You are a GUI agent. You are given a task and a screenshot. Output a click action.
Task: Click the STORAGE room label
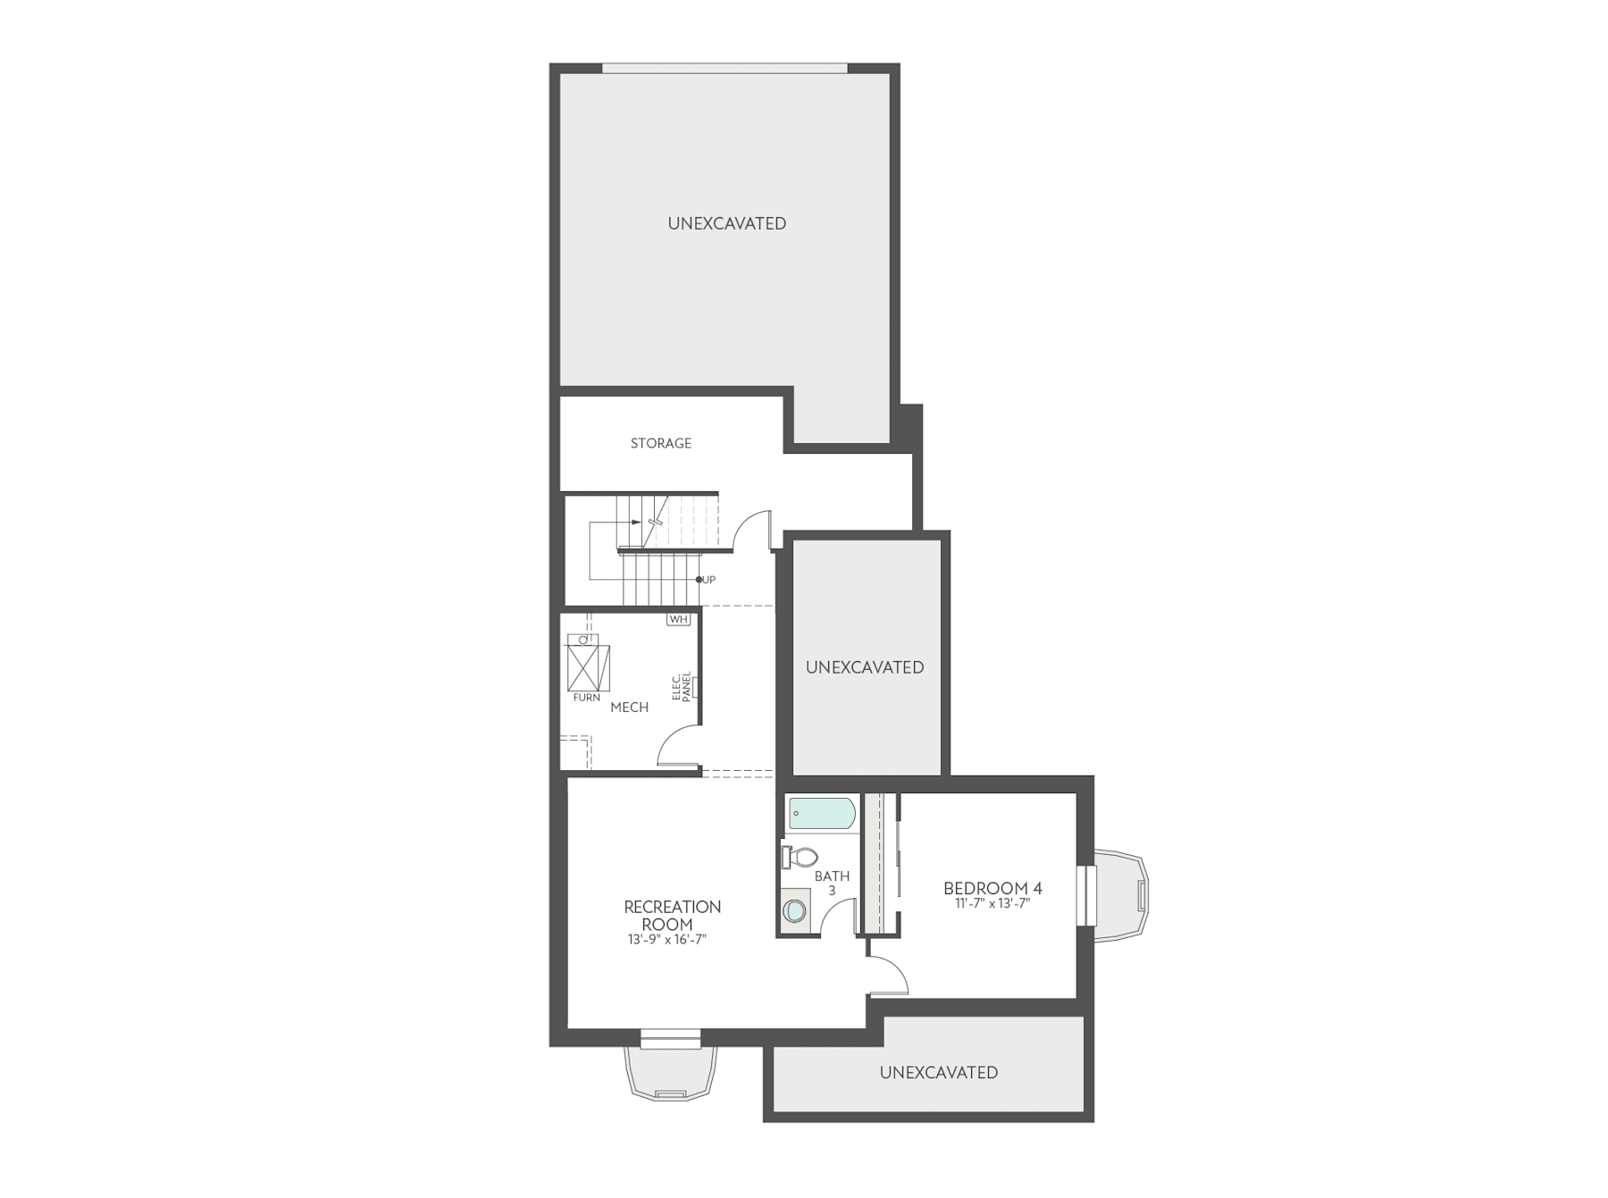coord(660,443)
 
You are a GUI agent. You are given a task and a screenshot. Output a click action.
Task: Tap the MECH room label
coord(629,707)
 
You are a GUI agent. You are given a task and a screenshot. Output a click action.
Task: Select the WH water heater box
coord(678,619)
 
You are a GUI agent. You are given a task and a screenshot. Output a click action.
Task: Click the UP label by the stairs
coord(708,580)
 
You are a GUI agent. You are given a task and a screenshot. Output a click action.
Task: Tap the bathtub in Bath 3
coord(822,814)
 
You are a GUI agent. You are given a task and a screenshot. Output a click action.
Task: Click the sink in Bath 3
coord(793,911)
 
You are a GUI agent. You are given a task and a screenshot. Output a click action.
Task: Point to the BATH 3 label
coord(832,883)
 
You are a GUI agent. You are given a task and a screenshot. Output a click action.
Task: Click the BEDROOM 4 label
coord(992,888)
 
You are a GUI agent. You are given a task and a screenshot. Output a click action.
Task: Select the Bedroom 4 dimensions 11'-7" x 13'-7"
coord(992,903)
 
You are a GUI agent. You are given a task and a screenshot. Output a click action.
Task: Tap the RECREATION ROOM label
coord(672,915)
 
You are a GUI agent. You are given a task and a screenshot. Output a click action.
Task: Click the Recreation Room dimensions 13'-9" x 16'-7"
coord(667,939)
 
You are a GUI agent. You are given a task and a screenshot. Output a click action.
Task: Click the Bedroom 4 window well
coord(1121,896)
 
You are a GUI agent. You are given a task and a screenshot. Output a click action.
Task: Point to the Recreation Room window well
coord(670,1072)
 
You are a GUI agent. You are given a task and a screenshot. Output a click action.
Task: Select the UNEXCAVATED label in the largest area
coord(727,223)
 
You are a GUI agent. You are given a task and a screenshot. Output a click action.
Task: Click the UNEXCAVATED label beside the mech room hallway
coord(865,667)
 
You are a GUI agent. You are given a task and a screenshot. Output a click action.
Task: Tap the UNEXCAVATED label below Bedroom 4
coord(938,1072)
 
